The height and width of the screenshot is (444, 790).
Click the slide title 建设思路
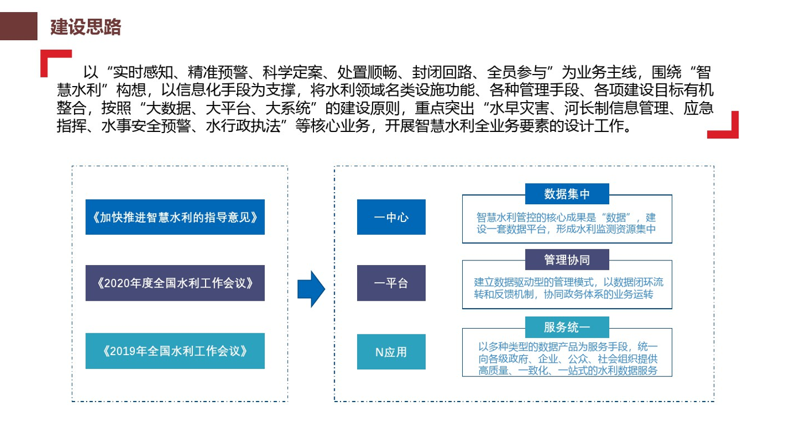86,27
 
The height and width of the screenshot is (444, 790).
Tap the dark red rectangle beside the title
19,26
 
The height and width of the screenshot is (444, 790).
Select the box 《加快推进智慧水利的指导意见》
175,217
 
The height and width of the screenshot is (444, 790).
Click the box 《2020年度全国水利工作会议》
175,283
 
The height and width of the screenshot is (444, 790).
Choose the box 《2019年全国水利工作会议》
175,351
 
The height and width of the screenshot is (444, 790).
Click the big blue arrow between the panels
311,289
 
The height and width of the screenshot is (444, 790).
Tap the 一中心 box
391,217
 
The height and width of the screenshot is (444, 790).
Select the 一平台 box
391,283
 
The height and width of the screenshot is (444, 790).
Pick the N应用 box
391,352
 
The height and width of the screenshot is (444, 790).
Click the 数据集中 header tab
567,194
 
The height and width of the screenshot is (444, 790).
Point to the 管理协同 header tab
567,260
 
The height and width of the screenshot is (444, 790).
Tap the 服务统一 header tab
567,328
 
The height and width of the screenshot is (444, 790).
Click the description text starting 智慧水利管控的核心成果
566,223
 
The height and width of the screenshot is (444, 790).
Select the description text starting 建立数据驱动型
568,288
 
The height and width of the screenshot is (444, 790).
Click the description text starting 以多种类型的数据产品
568,359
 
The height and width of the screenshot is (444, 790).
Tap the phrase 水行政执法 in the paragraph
243,126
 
